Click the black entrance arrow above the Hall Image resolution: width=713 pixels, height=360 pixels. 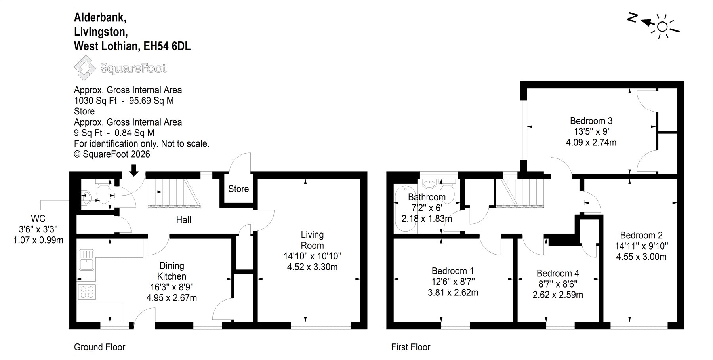point(134,170)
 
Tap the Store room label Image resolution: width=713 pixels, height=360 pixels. point(238,189)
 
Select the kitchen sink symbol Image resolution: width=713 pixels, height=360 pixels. point(86,259)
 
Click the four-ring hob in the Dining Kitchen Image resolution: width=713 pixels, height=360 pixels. point(87,292)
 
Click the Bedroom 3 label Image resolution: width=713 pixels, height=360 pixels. point(591,121)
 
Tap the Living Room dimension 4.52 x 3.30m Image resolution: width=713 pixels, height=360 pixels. point(312,267)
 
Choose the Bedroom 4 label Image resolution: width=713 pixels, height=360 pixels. point(558,273)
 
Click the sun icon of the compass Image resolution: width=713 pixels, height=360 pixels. point(662,27)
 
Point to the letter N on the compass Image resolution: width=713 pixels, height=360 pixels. point(632,18)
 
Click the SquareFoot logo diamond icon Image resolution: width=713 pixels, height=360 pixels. point(85,68)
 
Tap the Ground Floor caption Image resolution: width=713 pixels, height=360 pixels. point(99,347)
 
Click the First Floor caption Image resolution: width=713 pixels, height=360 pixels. point(410,347)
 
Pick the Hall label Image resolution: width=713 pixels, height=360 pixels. point(183,220)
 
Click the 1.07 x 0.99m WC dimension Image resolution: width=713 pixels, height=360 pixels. point(38,240)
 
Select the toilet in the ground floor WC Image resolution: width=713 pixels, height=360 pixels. point(104,194)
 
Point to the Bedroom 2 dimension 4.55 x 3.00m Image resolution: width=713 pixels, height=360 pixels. point(641,257)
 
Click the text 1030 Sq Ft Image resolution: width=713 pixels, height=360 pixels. point(95,101)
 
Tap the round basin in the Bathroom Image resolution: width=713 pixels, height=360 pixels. point(428,184)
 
